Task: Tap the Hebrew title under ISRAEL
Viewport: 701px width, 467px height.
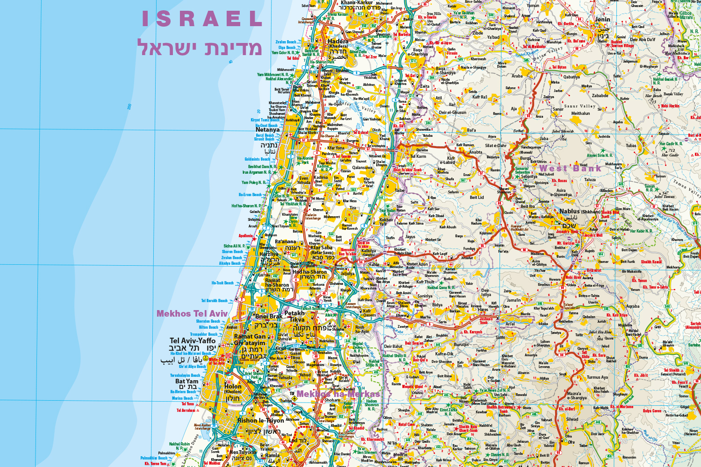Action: pos(200,48)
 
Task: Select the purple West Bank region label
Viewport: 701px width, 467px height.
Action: pos(570,168)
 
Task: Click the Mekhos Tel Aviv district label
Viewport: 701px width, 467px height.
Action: pos(192,314)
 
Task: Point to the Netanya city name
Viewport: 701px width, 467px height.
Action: pos(267,130)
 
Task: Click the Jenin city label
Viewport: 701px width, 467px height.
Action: pos(602,20)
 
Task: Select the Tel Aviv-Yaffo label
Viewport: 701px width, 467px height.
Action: pos(193,341)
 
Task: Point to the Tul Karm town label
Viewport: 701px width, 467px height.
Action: pos(418,156)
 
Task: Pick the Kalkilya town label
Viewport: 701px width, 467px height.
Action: pos(368,251)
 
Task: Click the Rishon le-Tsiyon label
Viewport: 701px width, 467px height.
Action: pos(260,420)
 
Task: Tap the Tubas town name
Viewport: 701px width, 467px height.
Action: pos(631,146)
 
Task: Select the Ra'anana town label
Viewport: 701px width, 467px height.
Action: pos(285,242)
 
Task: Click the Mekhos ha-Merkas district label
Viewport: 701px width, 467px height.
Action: pos(338,394)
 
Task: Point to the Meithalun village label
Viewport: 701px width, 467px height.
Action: pos(580,113)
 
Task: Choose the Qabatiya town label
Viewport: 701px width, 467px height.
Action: pos(571,77)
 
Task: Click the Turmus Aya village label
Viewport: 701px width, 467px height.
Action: pos(597,377)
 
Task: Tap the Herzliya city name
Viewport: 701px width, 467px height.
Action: pos(269,254)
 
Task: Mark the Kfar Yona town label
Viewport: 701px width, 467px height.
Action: pos(336,148)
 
